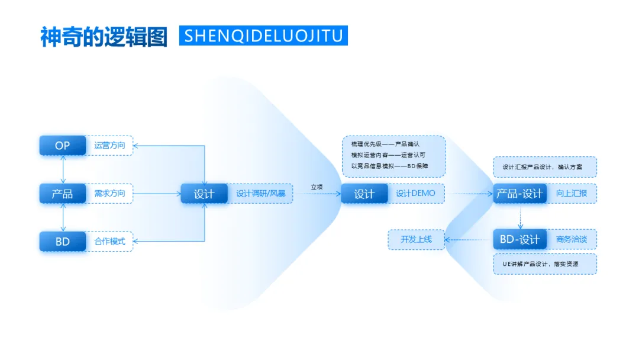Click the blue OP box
click(x=63, y=146)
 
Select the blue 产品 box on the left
click(x=63, y=194)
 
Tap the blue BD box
click(x=63, y=242)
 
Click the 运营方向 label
click(x=110, y=146)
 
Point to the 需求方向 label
click(x=110, y=194)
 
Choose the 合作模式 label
click(x=110, y=242)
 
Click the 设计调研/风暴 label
click(x=261, y=194)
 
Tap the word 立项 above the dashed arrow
click(x=317, y=187)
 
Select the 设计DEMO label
click(x=415, y=194)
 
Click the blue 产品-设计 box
click(x=520, y=194)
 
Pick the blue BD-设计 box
click(x=520, y=240)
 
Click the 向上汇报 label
click(x=572, y=194)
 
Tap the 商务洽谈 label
click(x=572, y=240)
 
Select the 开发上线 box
click(x=417, y=240)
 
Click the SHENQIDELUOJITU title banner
click(x=263, y=36)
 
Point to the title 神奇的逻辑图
click(x=104, y=37)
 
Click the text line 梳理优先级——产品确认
click(x=385, y=144)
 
